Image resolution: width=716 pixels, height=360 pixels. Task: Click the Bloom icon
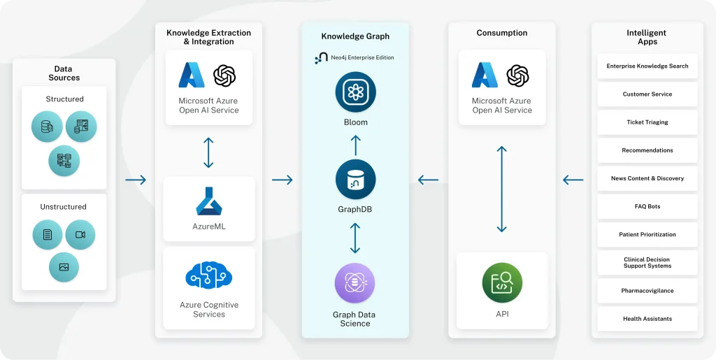(x=355, y=92)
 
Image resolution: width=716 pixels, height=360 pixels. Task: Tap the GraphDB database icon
(x=355, y=180)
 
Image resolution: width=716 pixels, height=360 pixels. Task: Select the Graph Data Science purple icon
(x=355, y=283)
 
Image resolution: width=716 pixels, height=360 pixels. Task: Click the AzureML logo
(x=209, y=201)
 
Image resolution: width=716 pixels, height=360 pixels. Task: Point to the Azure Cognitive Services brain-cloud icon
(x=208, y=275)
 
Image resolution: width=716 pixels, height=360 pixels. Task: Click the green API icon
(x=502, y=282)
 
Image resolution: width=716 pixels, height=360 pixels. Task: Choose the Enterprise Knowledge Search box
(x=647, y=66)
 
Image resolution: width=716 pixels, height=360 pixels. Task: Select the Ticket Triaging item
(x=647, y=122)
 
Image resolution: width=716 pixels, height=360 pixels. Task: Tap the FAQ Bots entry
(x=647, y=207)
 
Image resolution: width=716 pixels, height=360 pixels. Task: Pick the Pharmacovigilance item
(x=647, y=291)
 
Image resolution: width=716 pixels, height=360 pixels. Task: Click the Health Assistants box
(x=647, y=319)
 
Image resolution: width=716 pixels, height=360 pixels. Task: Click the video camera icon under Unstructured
(x=80, y=235)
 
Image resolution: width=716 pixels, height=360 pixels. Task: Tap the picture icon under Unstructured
(x=64, y=267)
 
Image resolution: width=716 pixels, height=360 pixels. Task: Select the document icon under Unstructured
(x=48, y=235)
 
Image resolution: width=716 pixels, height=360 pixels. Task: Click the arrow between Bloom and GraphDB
(x=355, y=145)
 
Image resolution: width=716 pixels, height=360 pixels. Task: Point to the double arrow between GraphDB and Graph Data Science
(x=355, y=238)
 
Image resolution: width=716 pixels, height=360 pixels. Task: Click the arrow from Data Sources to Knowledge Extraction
(x=136, y=180)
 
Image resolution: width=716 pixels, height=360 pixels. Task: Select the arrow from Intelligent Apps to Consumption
(x=573, y=180)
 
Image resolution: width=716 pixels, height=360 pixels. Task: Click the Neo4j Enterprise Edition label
(x=355, y=57)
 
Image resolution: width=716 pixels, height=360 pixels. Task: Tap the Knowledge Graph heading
(x=355, y=36)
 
